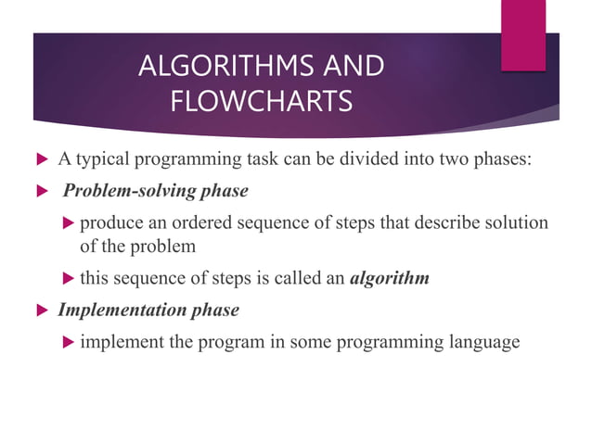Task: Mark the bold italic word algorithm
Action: [389, 278]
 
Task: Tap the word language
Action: [479, 342]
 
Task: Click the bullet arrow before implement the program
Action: [67, 343]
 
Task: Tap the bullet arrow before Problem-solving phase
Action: [40, 191]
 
